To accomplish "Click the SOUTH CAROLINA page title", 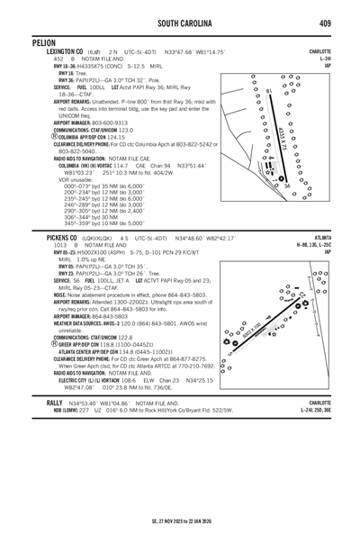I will tap(181, 22).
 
